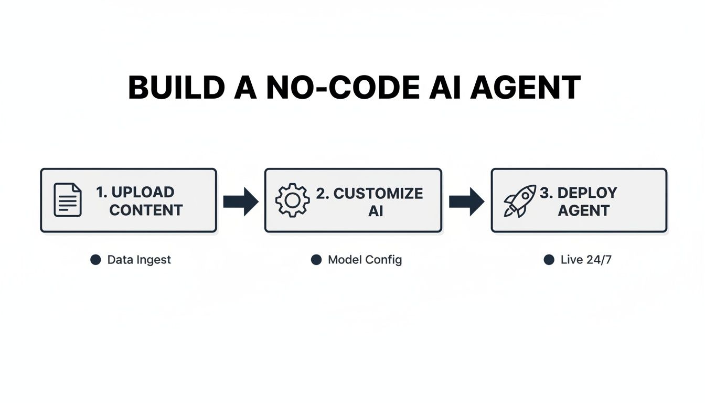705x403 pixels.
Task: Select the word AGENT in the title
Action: coord(525,88)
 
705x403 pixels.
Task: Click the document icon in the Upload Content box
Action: coord(68,200)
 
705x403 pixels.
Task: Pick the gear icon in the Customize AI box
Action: coord(292,200)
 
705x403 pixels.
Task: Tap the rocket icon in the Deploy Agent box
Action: coord(519,200)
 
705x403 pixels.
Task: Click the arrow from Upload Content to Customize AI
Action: coord(241,201)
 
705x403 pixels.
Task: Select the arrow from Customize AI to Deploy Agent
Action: coord(466,201)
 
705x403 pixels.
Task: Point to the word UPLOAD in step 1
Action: coord(142,192)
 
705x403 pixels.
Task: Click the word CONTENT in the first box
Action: coord(146,210)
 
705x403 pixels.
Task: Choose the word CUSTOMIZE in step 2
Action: coord(378,193)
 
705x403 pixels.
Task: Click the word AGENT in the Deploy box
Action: coord(583,210)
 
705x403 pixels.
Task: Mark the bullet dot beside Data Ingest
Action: coord(95,260)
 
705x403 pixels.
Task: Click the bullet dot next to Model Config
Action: coord(316,260)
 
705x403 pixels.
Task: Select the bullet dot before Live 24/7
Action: coord(549,260)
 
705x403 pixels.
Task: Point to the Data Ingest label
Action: coord(139,260)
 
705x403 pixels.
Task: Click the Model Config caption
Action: coord(365,260)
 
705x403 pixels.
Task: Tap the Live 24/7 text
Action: coord(586,260)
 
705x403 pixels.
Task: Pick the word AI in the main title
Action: coord(445,88)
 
